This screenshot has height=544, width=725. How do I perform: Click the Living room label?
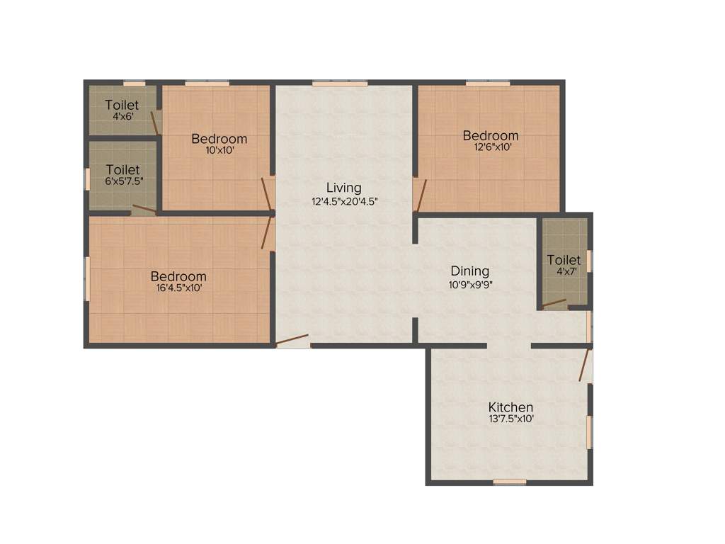click(343, 188)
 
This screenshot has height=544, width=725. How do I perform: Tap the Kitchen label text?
click(510, 407)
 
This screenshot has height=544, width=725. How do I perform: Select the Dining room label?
click(470, 271)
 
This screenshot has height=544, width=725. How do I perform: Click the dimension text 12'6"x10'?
click(492, 147)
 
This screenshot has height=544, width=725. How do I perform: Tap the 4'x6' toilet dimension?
click(122, 116)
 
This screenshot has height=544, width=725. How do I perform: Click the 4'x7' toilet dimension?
click(563, 271)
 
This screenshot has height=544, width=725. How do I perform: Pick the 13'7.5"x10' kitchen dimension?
click(510, 419)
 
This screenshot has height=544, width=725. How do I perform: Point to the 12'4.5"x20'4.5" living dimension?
click(344, 200)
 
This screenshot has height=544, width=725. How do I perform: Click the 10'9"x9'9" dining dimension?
click(470, 283)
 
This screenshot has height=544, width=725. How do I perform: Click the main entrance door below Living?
click(292, 341)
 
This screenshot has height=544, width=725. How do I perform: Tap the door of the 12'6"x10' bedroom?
click(419, 195)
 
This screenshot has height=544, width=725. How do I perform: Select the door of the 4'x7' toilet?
click(554, 305)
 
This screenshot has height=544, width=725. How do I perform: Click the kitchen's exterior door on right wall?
click(586, 364)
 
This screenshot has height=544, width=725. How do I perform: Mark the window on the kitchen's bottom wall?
click(510, 482)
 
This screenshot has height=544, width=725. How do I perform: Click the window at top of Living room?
click(340, 84)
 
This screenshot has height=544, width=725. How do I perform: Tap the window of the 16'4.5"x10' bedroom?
click(87, 278)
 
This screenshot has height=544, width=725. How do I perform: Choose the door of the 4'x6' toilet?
click(156, 122)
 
